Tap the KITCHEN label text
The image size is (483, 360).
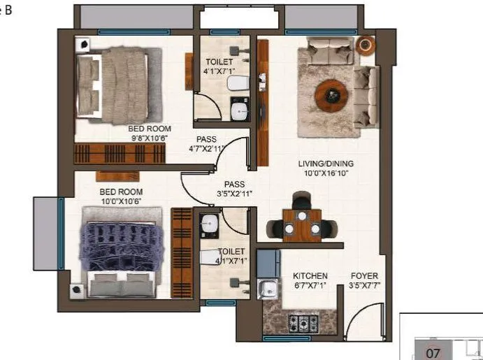click(310, 276)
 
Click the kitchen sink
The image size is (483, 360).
click(266, 288)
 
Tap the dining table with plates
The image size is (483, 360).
click(301, 225)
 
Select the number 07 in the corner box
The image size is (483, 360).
click(433, 353)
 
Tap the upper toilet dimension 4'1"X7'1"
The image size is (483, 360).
click(219, 71)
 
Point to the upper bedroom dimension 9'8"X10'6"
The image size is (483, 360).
click(149, 138)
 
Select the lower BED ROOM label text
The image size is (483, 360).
click(121, 192)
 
